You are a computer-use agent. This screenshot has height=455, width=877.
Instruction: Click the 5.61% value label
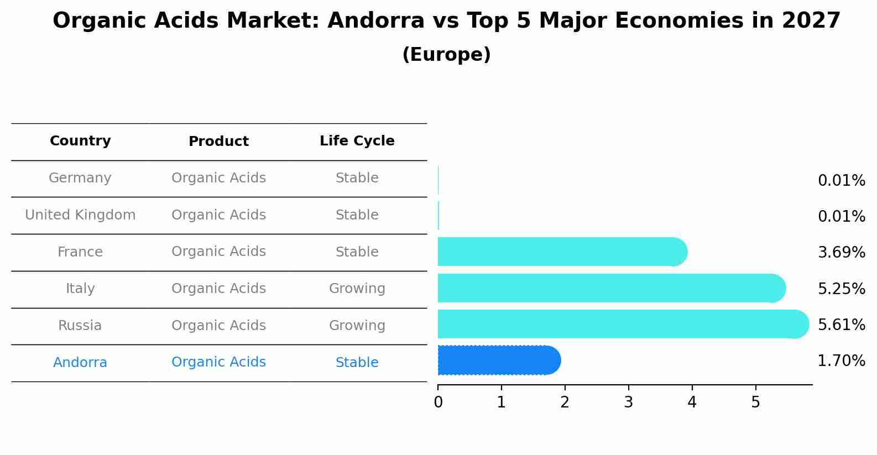point(841,325)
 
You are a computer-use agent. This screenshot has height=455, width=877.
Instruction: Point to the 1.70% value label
point(841,361)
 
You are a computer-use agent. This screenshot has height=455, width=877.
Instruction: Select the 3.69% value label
point(841,253)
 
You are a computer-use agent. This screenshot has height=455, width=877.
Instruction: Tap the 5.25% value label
point(841,289)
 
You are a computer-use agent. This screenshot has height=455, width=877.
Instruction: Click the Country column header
point(80,141)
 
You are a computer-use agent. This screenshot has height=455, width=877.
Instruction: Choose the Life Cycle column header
point(357,141)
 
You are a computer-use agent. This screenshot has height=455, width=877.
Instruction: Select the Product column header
point(218,142)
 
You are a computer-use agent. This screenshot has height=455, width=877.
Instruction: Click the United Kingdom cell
point(80,215)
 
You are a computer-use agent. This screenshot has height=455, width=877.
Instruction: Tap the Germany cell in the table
point(80,178)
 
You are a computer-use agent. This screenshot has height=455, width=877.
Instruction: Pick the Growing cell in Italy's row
point(357,289)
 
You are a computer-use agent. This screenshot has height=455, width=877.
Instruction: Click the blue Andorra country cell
point(80,363)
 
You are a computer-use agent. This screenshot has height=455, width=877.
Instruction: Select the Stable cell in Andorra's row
point(357,363)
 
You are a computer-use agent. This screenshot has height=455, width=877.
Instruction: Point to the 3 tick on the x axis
point(628,402)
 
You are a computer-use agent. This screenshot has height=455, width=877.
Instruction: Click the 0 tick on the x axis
point(438,402)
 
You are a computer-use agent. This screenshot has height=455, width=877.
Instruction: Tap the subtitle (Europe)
point(446,55)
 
